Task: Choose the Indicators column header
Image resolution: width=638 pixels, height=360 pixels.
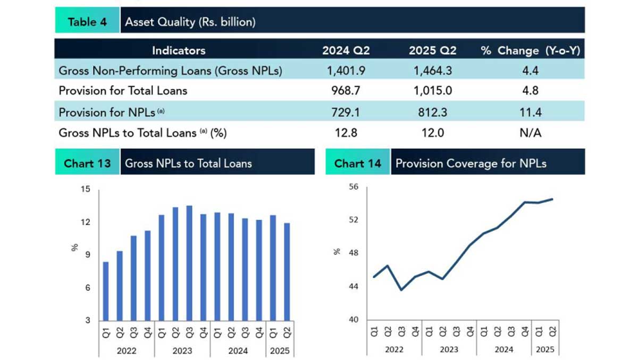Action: click(x=179, y=51)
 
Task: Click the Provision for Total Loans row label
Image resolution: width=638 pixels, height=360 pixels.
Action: click(x=123, y=91)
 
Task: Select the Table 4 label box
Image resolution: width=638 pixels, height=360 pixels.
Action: click(x=87, y=22)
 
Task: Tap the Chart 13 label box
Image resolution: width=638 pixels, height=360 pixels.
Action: click(x=87, y=163)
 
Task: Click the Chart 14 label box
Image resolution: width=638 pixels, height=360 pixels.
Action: click(x=358, y=163)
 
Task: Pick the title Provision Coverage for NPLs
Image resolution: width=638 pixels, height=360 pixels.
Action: click(x=471, y=163)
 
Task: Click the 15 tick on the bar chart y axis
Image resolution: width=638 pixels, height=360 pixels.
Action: click(x=86, y=189)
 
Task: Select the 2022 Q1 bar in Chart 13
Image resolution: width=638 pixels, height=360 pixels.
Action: click(x=106, y=291)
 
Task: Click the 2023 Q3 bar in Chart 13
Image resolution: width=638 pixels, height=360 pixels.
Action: click(x=189, y=263)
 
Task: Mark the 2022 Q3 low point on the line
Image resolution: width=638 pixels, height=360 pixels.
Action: click(x=401, y=289)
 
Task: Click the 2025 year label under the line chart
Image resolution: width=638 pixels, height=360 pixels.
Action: click(x=545, y=350)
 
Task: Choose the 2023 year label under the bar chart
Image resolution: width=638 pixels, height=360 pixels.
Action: click(x=182, y=351)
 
